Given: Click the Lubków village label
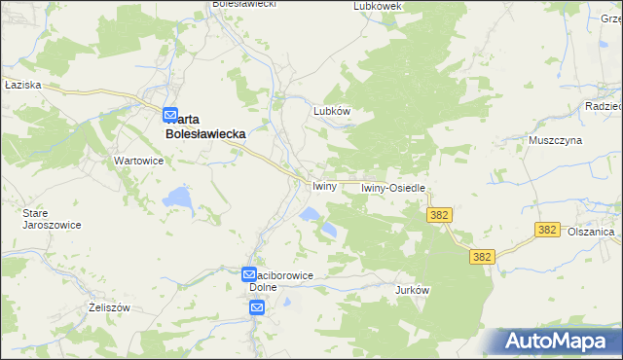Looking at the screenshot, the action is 331,111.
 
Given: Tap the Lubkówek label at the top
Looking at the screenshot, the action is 379,6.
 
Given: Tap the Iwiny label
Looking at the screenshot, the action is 324,186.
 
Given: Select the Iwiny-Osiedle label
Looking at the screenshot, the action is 394,187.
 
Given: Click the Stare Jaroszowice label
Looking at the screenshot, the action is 52,218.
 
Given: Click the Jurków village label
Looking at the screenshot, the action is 413,290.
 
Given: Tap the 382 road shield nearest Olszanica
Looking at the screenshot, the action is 547,230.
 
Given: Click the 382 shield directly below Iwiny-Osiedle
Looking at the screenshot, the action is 437,213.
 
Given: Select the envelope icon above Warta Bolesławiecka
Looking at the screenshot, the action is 170,114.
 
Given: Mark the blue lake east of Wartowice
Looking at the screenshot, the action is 178,198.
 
